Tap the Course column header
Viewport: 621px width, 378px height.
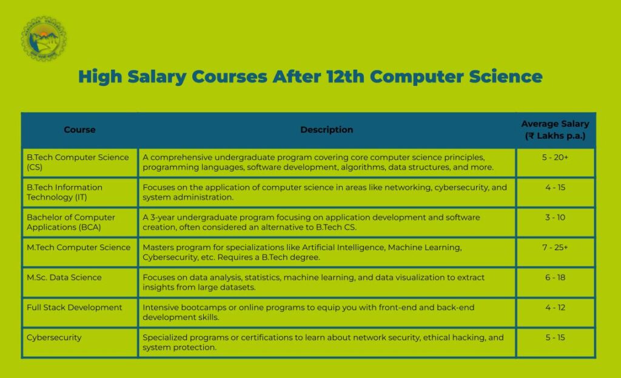point(79,130)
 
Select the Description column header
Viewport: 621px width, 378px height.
point(326,130)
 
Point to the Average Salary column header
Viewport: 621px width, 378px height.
point(555,130)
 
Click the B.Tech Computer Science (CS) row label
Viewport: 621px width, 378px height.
point(78,162)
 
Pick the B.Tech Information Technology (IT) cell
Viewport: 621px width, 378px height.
point(64,192)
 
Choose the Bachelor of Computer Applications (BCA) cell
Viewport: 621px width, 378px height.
point(70,222)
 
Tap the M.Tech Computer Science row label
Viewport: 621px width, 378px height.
point(78,247)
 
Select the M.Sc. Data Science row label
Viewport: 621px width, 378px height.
point(64,277)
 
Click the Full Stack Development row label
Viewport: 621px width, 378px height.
point(74,308)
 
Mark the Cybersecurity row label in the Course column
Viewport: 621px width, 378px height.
point(53,337)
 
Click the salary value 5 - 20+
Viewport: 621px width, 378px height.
point(555,157)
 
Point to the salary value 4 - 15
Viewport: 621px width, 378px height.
point(555,188)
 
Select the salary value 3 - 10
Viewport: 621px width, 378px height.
point(555,217)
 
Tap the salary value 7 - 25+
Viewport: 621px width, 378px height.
point(555,247)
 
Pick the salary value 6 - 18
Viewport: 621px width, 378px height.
point(555,277)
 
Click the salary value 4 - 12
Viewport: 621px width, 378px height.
point(555,308)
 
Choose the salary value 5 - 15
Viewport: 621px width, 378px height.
point(555,337)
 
